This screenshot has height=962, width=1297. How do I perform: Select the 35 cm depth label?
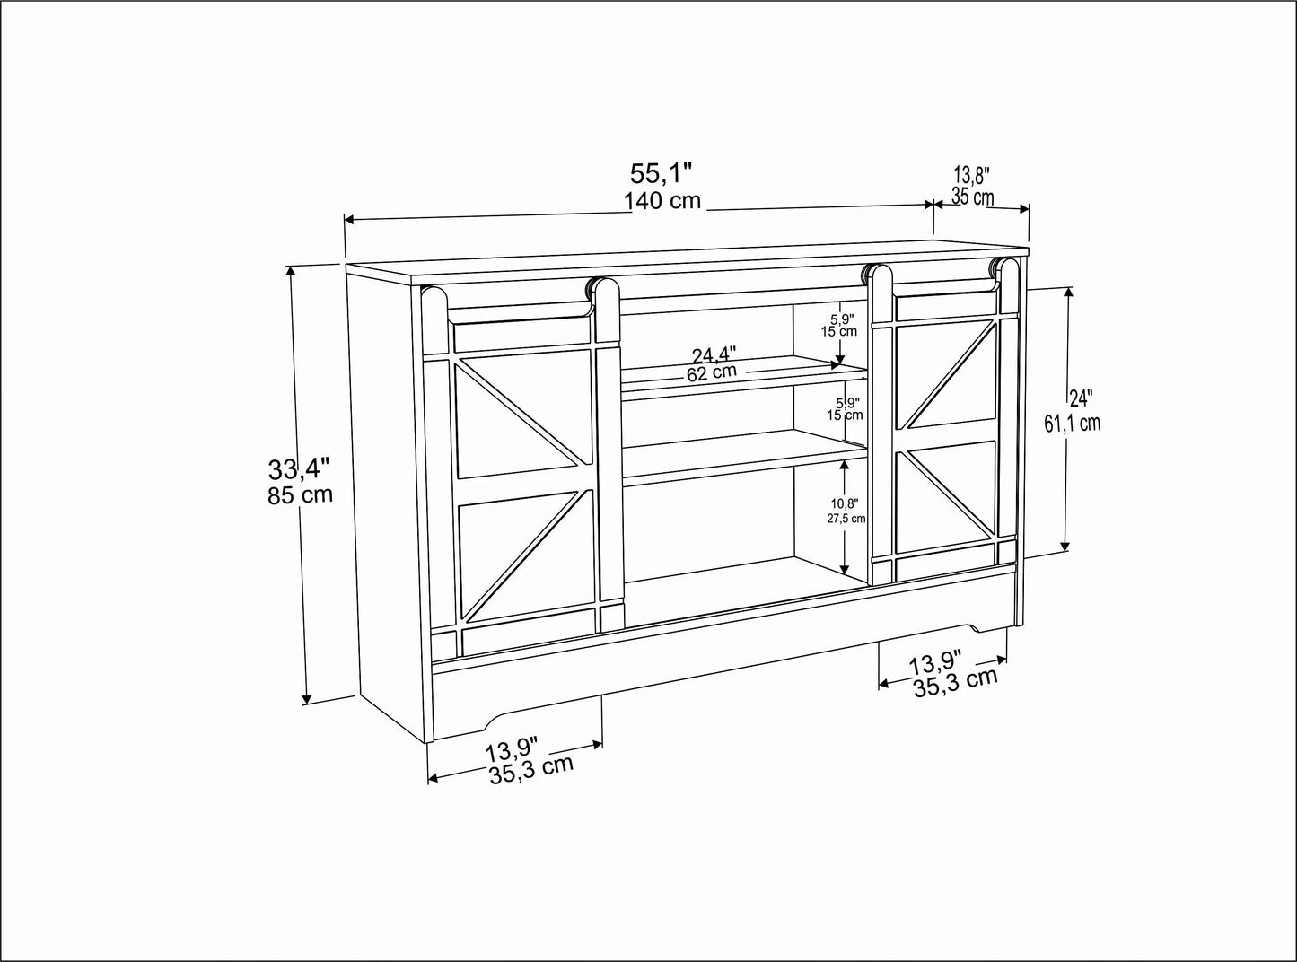tap(972, 197)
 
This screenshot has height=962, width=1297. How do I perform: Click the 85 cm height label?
tap(300, 494)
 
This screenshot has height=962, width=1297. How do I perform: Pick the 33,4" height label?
tap(300, 468)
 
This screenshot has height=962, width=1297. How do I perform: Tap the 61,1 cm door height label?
tap(1073, 424)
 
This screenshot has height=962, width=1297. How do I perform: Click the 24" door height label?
tap(1081, 398)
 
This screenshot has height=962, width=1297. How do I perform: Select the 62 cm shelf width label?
tap(712, 372)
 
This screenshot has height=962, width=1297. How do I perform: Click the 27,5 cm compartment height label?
tap(846, 519)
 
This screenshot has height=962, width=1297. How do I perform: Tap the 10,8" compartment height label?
tap(845, 503)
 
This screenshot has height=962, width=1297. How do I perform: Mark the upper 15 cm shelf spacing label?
tap(839, 331)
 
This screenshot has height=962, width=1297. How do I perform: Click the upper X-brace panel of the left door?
tap(523, 414)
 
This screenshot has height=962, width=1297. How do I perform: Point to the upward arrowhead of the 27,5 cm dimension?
tap(844, 465)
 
